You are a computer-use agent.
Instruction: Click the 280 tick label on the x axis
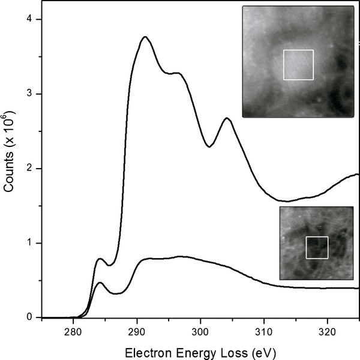(73, 329)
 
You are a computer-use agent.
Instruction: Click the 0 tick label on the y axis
(36, 317)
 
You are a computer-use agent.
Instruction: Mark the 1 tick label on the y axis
(36, 243)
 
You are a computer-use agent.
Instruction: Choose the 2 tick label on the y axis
(36, 169)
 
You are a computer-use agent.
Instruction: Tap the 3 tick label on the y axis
(36, 94)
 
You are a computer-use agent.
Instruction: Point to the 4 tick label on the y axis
(36, 20)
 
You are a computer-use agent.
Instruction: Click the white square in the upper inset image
(298, 65)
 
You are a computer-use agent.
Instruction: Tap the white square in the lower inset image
(317, 247)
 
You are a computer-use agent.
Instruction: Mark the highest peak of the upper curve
(145, 37)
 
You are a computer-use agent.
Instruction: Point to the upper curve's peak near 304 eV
(227, 118)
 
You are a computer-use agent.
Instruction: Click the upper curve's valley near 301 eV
(208, 146)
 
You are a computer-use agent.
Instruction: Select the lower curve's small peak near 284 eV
(100, 282)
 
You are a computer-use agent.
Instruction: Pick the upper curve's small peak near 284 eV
(100, 259)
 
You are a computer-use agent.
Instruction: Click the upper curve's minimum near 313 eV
(287, 201)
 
